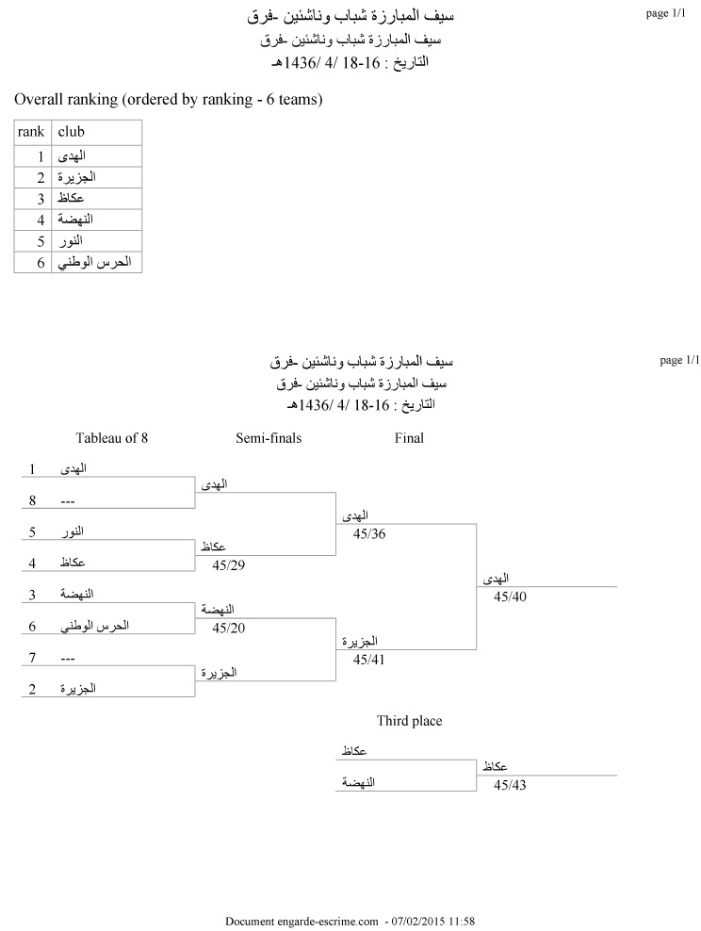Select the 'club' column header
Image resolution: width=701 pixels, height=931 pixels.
click(x=72, y=132)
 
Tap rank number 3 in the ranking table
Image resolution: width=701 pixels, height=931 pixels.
click(x=41, y=198)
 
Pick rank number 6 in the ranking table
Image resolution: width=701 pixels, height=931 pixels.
click(x=41, y=262)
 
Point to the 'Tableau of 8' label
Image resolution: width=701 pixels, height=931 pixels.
click(x=112, y=438)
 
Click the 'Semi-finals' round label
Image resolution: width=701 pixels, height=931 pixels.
click(x=269, y=438)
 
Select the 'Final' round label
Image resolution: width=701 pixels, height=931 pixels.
click(x=409, y=438)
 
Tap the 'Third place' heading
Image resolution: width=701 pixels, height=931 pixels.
click(x=409, y=722)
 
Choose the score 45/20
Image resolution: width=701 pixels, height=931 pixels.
click(x=229, y=628)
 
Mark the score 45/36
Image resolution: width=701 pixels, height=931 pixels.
click(x=369, y=533)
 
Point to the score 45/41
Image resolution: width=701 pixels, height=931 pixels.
click(x=369, y=661)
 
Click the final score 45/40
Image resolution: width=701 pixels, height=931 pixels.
click(x=510, y=596)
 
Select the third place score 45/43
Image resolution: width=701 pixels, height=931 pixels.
click(x=510, y=785)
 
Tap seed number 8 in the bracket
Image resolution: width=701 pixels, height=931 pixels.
click(x=32, y=500)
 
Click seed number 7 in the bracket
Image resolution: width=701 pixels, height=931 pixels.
click(x=32, y=657)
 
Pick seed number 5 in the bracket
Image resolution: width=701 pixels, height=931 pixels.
click(x=32, y=531)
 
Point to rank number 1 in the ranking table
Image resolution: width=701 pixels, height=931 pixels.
click(x=41, y=155)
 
